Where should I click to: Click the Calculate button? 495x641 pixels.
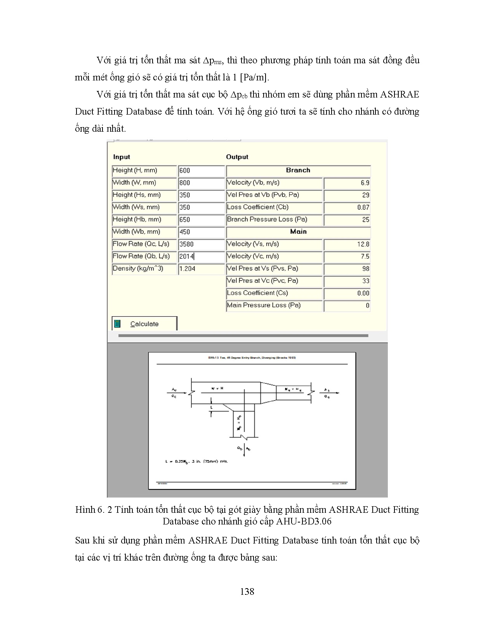pyautogui.click(x=144, y=324)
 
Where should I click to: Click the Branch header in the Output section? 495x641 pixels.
pyautogui.click(x=298, y=170)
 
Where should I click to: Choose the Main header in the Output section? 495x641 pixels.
pyautogui.click(x=298, y=232)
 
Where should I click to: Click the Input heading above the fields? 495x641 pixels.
pyautogui.click(x=122, y=157)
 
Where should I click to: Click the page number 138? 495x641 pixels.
pyautogui.click(x=247, y=591)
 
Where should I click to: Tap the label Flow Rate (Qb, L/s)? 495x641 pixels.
pyautogui.click(x=141, y=256)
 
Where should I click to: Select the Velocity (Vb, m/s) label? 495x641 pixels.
pyautogui.click(x=253, y=183)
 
